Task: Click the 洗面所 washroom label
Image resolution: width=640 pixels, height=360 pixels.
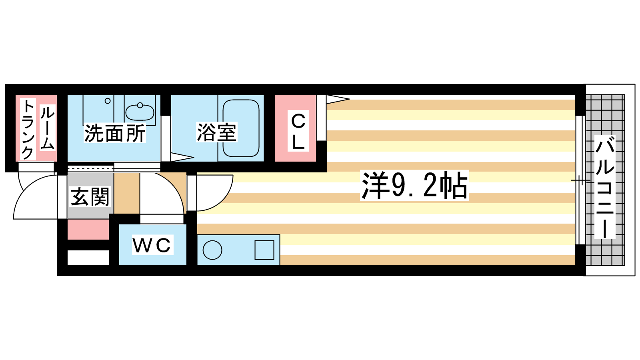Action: (115, 133)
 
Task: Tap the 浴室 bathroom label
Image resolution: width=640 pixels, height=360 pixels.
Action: (216, 132)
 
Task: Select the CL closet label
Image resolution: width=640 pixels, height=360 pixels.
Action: (298, 131)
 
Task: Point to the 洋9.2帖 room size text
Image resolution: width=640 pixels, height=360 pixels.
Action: (414, 185)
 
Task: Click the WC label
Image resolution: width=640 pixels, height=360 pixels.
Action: (152, 245)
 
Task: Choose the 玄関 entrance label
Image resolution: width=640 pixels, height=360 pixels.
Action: (90, 196)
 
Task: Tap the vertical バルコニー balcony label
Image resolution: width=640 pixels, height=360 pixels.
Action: (605, 187)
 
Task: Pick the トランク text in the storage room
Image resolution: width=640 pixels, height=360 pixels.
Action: (28, 130)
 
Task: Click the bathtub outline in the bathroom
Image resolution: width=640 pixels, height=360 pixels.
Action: (241, 128)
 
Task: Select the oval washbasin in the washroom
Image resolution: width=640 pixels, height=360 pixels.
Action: (140, 112)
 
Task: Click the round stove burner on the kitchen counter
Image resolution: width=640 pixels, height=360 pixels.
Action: (212, 250)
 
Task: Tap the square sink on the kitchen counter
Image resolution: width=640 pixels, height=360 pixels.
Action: (264, 250)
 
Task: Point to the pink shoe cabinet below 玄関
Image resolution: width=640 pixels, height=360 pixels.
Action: (88, 230)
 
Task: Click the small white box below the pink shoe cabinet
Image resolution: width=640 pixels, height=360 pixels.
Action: (88, 258)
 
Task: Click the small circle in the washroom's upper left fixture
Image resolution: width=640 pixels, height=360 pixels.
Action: (108, 101)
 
